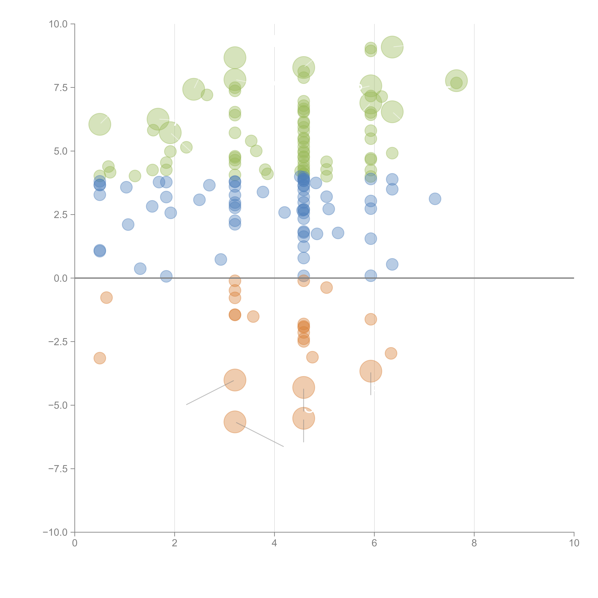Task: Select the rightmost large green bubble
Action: tap(456, 81)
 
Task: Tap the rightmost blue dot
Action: tap(435, 199)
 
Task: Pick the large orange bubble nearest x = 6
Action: tap(371, 371)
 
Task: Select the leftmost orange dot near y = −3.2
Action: tap(100, 358)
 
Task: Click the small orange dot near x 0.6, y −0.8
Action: tap(106, 298)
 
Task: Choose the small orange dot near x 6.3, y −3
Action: tap(391, 353)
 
